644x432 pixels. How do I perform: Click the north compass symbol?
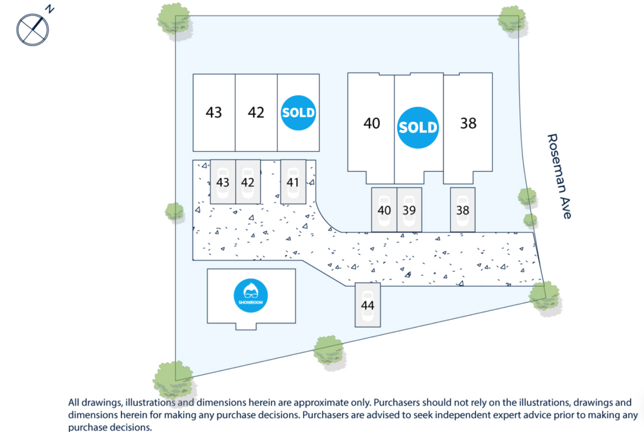click(x=32, y=30)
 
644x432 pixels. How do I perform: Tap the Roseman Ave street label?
click(x=559, y=176)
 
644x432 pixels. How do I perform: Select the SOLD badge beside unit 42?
click(x=298, y=112)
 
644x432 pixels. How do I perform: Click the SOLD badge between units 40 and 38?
click(x=418, y=127)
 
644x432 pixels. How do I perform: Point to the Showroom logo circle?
click(x=250, y=296)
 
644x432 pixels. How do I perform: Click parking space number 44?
click(x=368, y=305)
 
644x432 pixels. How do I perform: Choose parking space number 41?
click(x=293, y=182)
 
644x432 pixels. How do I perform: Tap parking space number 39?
click(x=409, y=210)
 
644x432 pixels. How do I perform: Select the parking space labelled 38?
click(x=462, y=210)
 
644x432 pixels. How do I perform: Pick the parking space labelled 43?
click(x=222, y=182)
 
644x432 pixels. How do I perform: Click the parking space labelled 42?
click(x=248, y=182)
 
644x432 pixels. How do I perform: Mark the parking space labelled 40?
click(x=384, y=210)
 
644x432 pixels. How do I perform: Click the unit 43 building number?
click(x=214, y=112)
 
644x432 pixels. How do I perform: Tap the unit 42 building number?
click(x=256, y=112)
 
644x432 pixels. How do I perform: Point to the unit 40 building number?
click(x=372, y=123)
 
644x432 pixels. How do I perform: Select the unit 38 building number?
click(x=468, y=123)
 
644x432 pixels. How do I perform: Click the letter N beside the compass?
click(x=50, y=9)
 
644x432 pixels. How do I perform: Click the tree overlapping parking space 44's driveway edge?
click(x=544, y=297)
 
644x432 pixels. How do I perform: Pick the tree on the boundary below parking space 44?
click(x=329, y=352)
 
